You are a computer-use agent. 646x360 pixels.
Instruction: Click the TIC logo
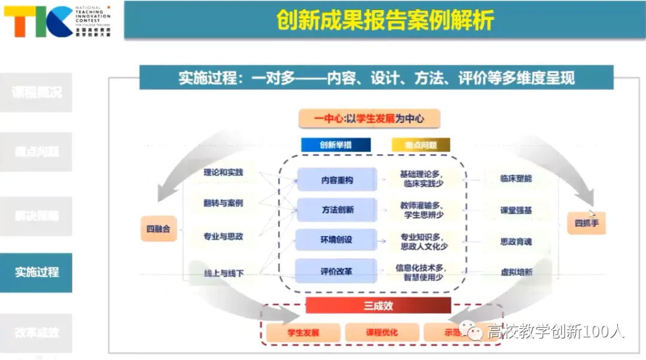pyautogui.click(x=38, y=22)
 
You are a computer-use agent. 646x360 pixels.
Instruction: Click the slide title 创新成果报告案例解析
pyautogui.click(x=385, y=20)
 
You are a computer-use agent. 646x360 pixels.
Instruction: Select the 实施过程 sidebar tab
pyautogui.click(x=36, y=272)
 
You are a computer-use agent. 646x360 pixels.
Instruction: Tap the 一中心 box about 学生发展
pyautogui.click(x=369, y=118)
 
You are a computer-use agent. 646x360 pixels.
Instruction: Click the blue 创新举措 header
pyautogui.click(x=336, y=145)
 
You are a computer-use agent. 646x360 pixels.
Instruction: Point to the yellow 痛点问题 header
pyautogui.click(x=420, y=145)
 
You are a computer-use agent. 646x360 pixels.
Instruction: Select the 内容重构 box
pyautogui.click(x=337, y=179)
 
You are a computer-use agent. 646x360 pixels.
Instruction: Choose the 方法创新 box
pyautogui.click(x=337, y=210)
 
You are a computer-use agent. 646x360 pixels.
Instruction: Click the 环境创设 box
pyautogui.click(x=337, y=240)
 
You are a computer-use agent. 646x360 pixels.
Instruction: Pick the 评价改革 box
pyautogui.click(x=337, y=271)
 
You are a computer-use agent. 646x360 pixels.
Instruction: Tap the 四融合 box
pyautogui.click(x=159, y=228)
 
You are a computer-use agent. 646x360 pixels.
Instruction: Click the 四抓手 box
pyautogui.click(x=586, y=223)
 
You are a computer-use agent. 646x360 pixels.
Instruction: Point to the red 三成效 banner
pyautogui.click(x=378, y=306)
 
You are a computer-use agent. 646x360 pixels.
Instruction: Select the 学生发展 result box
pyautogui.click(x=303, y=332)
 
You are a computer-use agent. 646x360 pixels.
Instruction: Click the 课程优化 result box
pyautogui.click(x=382, y=332)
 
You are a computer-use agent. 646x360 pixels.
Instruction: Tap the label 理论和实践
pyautogui.click(x=223, y=172)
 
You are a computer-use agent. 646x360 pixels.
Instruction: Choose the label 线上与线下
pyautogui.click(x=223, y=273)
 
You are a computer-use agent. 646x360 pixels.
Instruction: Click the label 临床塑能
pyautogui.click(x=516, y=178)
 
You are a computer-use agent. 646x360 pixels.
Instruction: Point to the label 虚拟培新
pyautogui.click(x=516, y=272)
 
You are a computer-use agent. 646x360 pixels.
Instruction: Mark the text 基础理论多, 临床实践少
pyautogui.click(x=423, y=179)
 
